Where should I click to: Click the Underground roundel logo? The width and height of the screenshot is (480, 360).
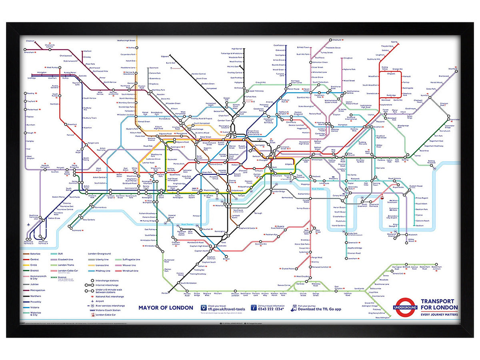(406, 308)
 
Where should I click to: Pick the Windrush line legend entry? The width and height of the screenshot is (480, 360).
(130, 271)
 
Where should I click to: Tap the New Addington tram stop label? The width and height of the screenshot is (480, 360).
(382, 318)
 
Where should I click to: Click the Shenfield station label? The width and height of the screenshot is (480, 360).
(452, 69)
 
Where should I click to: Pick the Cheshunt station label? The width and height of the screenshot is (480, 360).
(337, 40)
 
